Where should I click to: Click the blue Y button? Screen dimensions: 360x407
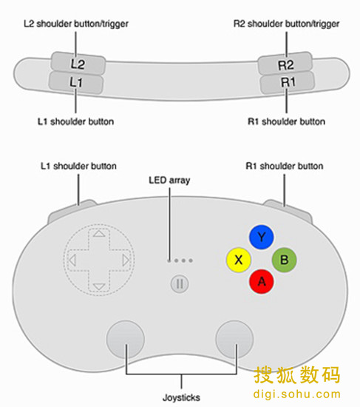click(x=262, y=237)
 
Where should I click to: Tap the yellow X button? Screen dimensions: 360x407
click(x=239, y=260)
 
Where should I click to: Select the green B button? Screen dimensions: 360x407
click(x=285, y=260)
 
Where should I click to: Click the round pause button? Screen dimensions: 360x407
click(x=180, y=283)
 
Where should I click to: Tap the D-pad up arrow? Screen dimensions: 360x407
click(x=99, y=234)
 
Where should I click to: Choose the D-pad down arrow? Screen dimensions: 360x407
click(x=99, y=287)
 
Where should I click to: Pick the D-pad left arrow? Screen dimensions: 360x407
click(x=72, y=260)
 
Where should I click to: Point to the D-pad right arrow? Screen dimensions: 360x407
click(x=126, y=260)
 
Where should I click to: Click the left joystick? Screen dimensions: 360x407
click(x=126, y=340)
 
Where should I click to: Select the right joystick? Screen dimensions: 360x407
click(x=234, y=340)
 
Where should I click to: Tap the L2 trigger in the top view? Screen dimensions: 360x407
click(x=78, y=64)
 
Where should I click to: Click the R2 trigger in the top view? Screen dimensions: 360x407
click(x=285, y=64)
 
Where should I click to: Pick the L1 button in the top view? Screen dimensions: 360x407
click(x=76, y=83)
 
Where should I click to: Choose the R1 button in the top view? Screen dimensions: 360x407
click(x=288, y=83)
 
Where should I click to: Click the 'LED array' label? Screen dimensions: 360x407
click(x=169, y=180)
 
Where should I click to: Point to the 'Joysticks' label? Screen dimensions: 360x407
click(x=181, y=397)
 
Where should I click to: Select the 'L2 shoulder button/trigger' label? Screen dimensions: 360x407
click(x=76, y=24)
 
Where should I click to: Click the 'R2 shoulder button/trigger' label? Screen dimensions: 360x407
click(x=286, y=24)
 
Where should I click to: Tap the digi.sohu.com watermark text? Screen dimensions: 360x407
click(x=296, y=394)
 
